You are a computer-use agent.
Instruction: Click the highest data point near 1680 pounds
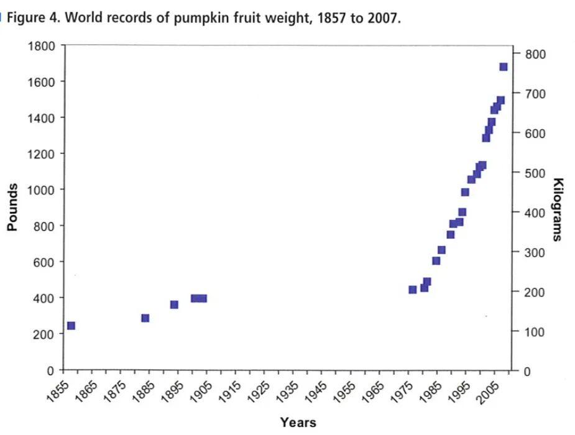pyautogui.click(x=503, y=67)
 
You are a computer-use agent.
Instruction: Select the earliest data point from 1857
pyautogui.click(x=71, y=326)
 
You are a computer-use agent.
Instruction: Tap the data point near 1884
pyautogui.click(x=145, y=318)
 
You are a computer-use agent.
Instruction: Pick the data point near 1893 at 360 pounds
pyautogui.click(x=174, y=304)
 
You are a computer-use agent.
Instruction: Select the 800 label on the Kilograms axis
pyautogui.click(x=535, y=54)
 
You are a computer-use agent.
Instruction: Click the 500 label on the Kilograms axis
pyautogui.click(x=535, y=173)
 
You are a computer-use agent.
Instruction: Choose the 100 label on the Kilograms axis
pyautogui.click(x=535, y=332)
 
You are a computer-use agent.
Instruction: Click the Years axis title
pyautogui.click(x=298, y=423)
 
